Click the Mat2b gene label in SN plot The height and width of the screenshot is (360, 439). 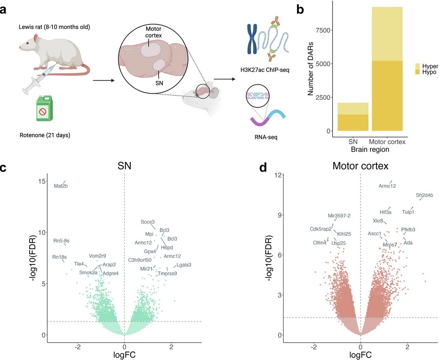point(61,186)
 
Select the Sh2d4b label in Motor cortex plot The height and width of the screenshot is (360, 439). point(424,195)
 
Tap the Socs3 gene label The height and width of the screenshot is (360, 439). point(147,222)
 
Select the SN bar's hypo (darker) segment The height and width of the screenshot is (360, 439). point(353,123)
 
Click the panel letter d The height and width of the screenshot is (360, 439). point(263,167)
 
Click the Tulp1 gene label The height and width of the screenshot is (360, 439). point(408,212)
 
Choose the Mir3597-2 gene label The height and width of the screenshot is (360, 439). point(339,216)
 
